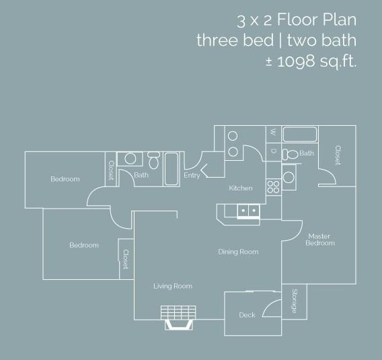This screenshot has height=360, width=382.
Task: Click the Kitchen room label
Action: point(241,188)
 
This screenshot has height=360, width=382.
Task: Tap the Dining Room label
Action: point(238,252)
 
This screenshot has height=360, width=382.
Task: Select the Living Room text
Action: point(173,286)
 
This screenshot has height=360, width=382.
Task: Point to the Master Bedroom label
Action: point(320,240)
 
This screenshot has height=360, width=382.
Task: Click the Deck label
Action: point(247,315)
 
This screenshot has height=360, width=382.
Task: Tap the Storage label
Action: point(295,301)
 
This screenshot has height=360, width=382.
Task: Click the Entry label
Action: point(192,175)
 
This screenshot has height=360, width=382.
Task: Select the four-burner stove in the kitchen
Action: point(273,187)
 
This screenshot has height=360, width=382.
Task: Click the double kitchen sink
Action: point(248,211)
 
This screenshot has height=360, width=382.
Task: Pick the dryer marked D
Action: point(273,152)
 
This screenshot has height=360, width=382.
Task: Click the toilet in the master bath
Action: point(290,154)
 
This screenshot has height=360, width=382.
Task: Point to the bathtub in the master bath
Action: point(300,135)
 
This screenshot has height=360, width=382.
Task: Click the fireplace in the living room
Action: point(179,318)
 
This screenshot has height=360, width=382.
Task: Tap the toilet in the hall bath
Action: point(153,159)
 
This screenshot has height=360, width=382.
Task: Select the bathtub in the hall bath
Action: point(171,169)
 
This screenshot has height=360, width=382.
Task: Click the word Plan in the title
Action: point(340,20)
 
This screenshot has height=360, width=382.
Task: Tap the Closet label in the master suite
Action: point(338,155)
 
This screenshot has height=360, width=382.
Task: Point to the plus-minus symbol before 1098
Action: point(269,62)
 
